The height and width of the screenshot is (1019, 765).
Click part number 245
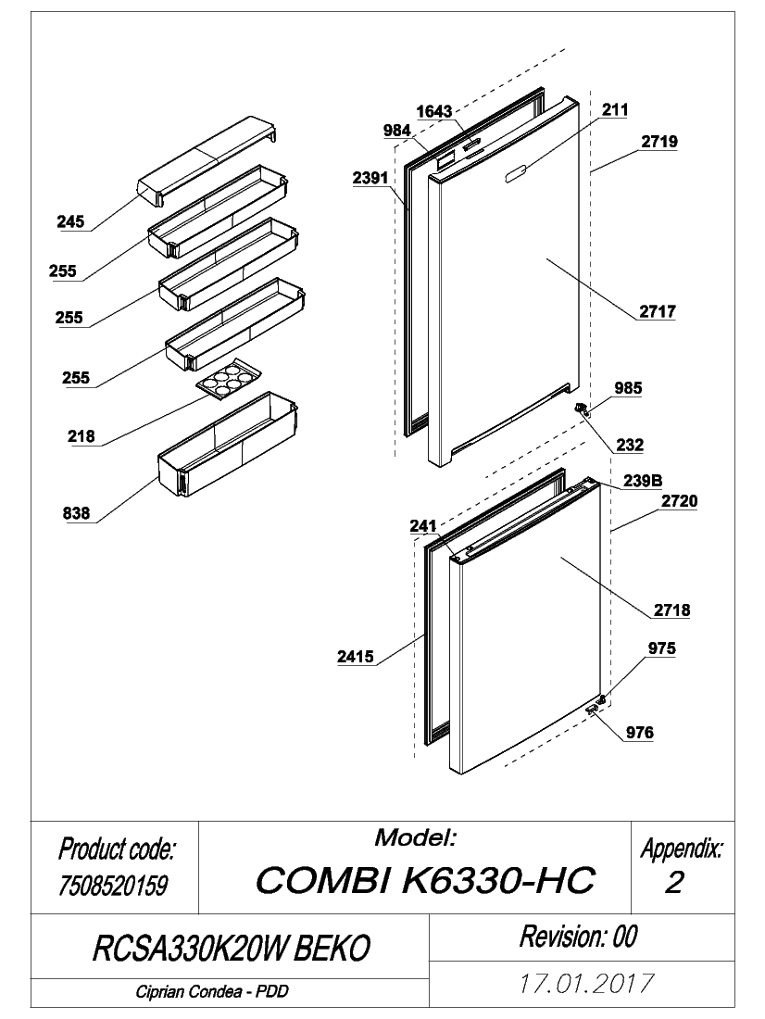(70, 221)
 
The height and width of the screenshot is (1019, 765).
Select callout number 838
(77, 513)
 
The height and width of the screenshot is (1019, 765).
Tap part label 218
(82, 436)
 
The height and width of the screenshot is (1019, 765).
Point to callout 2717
(658, 311)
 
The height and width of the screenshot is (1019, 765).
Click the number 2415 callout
(356, 657)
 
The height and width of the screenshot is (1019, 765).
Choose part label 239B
(643, 480)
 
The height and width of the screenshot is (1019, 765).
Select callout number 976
(640, 733)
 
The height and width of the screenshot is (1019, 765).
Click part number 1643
(434, 111)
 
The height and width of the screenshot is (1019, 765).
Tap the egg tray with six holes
(229, 377)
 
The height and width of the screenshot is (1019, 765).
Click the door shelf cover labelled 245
(207, 161)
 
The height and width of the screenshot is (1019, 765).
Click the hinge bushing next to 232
(581, 409)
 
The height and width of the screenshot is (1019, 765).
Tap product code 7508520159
(113, 885)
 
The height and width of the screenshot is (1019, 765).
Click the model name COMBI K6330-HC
(426, 881)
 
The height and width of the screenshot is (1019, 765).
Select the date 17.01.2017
(585, 983)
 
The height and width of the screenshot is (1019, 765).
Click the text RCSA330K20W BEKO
(232, 949)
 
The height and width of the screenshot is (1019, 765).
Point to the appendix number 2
(674, 883)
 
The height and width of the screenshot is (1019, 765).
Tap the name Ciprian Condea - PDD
(212, 992)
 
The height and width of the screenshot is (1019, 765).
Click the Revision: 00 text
(579, 937)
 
